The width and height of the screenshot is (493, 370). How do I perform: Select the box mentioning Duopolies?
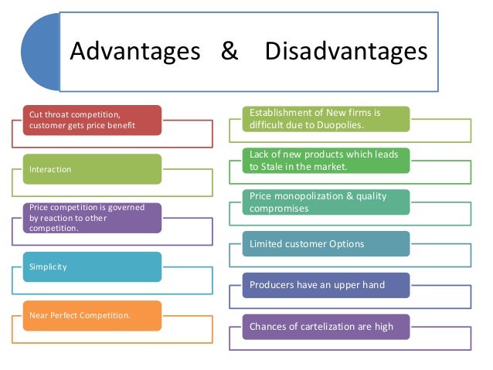(325, 118)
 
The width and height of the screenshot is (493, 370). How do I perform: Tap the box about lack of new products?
(325, 160)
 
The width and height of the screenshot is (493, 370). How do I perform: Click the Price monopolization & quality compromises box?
(325, 202)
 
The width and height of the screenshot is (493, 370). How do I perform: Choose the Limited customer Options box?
(325, 244)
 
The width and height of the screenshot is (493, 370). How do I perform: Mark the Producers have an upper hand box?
(325, 285)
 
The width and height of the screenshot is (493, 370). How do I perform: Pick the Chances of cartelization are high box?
(325, 327)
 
